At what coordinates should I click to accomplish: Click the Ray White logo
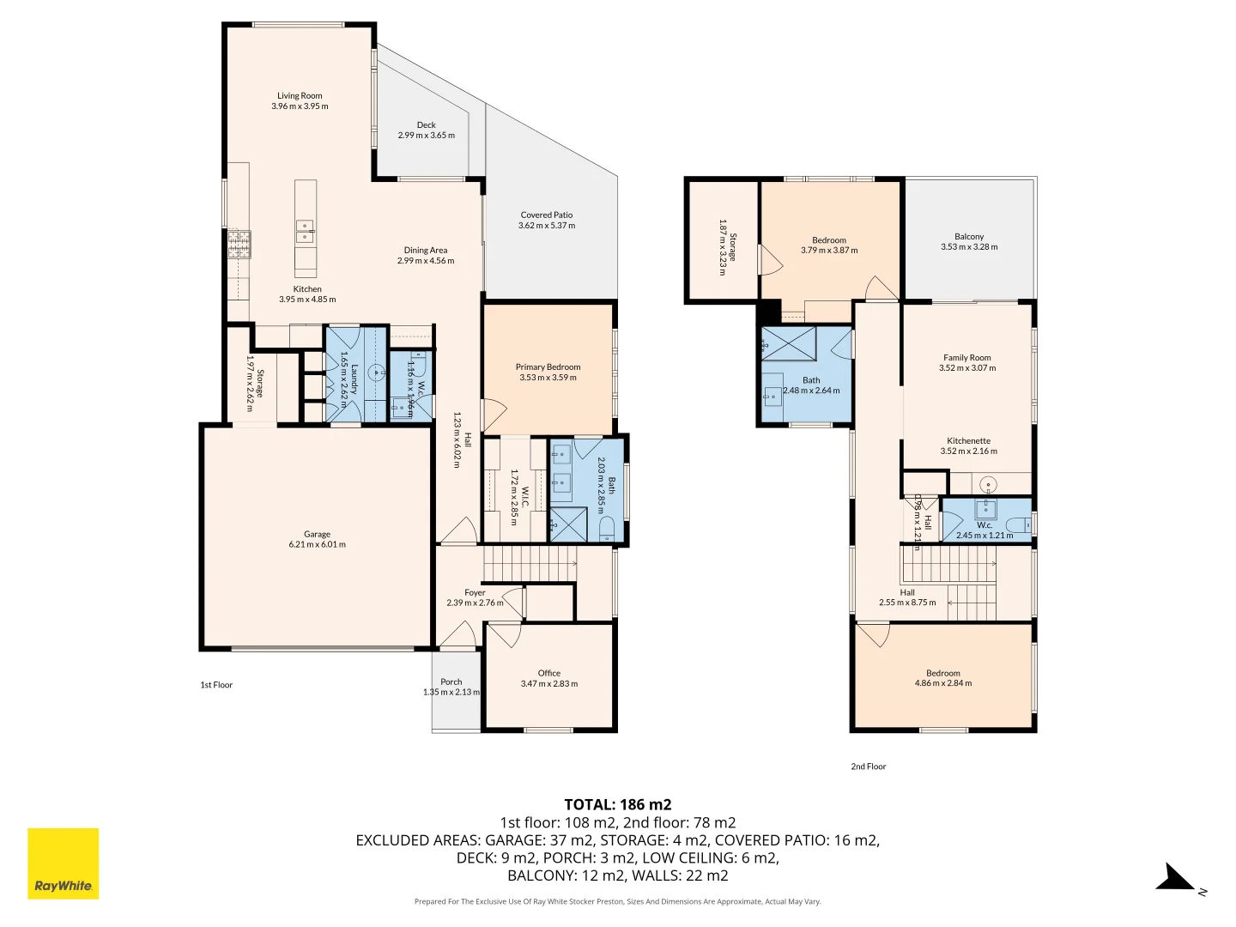(63, 863)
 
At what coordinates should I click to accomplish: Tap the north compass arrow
(1174, 879)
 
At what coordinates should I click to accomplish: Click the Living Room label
(300, 96)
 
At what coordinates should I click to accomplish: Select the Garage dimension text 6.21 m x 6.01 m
(317, 544)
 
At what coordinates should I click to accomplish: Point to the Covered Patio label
(546, 215)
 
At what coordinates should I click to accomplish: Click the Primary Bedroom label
(548, 367)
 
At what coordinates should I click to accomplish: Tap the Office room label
(548, 674)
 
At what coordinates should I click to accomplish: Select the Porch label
(451, 682)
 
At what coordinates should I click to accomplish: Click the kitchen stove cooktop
(239, 245)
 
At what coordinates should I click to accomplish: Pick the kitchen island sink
(305, 230)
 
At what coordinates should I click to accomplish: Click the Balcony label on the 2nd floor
(969, 237)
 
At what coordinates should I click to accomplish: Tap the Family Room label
(966, 358)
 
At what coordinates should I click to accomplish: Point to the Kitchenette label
(968, 441)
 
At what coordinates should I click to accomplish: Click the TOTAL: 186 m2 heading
(617, 804)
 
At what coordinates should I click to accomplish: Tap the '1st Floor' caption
(216, 685)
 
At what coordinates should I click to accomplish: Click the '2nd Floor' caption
(868, 766)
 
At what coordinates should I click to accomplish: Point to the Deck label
(426, 125)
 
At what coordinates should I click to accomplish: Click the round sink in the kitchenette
(988, 483)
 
